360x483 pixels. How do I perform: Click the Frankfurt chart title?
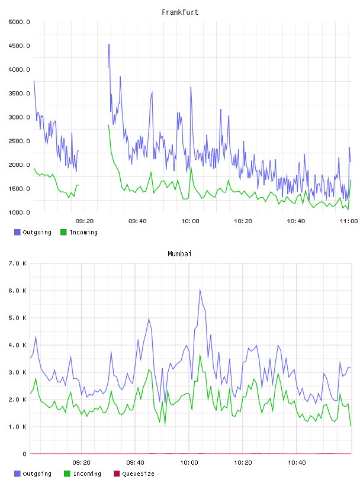(180, 12)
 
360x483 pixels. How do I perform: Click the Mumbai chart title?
(179, 254)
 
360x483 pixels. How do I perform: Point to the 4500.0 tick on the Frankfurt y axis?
(19, 46)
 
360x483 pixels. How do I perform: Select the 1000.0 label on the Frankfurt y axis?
(19, 212)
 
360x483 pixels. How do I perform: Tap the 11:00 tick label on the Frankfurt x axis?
(349, 221)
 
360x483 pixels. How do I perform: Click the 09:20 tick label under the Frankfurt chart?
(85, 221)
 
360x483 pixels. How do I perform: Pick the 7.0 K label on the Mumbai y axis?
(17, 263)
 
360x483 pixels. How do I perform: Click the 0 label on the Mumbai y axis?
(24, 454)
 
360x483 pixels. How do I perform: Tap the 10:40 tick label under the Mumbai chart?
(297, 463)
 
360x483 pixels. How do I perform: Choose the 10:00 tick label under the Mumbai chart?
(189, 463)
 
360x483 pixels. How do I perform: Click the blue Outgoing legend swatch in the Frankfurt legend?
(17, 232)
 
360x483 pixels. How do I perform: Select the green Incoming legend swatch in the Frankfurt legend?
(63, 232)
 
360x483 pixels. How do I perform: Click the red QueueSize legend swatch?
(117, 474)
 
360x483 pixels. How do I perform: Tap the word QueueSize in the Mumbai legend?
(139, 474)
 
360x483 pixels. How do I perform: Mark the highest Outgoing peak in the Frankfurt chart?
(109, 44)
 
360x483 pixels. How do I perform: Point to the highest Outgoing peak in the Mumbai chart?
(200, 289)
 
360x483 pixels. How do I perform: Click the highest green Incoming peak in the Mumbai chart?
(200, 355)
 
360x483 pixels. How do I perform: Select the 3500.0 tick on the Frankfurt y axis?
(19, 94)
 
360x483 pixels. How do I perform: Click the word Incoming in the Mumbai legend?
(87, 474)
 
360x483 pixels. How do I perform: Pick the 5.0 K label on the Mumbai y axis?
(17, 318)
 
